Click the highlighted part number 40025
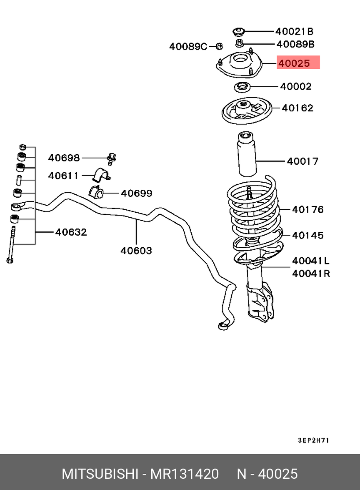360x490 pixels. (294, 63)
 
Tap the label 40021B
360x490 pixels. (294, 31)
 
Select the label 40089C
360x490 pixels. (188, 47)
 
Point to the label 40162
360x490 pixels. (297, 108)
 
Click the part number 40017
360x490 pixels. (302, 161)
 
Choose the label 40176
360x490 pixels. (307, 209)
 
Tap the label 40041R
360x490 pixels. (311, 274)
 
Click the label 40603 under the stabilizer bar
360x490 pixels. (136, 251)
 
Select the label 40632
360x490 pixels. (71, 232)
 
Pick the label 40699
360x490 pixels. (136, 193)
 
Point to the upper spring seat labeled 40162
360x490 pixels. (246, 112)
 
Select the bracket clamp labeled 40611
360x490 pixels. (100, 175)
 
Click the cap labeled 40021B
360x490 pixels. (237, 32)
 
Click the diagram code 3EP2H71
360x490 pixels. (313, 440)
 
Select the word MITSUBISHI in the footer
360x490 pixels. (100, 474)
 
